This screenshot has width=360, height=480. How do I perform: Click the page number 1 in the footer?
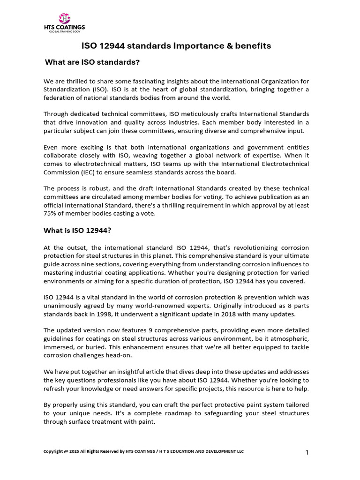(307, 452)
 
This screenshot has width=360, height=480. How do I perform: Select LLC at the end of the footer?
(239, 451)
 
